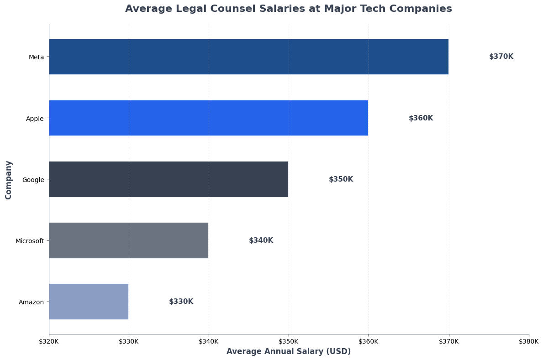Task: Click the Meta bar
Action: (248, 57)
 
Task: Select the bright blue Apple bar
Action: (208, 118)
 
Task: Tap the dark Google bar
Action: (169, 179)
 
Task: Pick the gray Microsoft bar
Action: (128, 240)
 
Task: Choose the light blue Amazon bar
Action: (89, 301)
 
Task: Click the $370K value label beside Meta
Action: (501, 57)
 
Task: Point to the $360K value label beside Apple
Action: (421, 118)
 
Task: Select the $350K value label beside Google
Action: (341, 179)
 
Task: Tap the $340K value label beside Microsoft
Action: (261, 240)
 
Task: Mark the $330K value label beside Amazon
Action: (181, 302)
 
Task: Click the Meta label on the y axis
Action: (36, 57)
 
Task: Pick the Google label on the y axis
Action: (33, 180)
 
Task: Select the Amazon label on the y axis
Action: (31, 302)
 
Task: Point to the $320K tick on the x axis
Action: (49, 341)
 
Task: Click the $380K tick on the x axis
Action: (528, 341)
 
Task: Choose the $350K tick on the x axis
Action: (289, 341)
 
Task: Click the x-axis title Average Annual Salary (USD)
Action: (289, 351)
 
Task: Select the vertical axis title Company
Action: (9, 179)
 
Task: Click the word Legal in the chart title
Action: (196, 9)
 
